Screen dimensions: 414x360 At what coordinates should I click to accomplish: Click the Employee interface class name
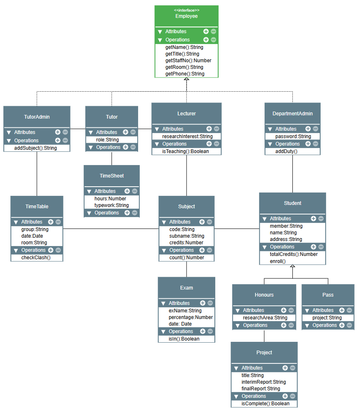coord(187,16)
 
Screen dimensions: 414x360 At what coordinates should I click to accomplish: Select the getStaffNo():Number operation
coord(188,61)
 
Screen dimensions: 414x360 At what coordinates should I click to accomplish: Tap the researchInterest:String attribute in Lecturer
coord(187,136)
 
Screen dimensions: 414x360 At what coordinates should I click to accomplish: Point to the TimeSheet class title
coord(112,176)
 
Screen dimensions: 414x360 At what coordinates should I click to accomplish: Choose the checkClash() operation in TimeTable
coord(36,258)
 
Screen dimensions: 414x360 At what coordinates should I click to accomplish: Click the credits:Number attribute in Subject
coord(186,243)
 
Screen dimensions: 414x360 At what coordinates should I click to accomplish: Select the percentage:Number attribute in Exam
coord(190,317)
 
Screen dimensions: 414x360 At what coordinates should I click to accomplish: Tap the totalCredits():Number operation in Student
coord(294,254)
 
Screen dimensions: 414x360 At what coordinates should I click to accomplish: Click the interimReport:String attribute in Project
coord(263,382)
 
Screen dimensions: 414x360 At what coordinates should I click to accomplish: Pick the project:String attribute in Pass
coord(327,318)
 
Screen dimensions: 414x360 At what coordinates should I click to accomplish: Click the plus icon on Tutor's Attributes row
coord(126,132)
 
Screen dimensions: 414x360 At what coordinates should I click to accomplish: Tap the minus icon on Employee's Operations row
coord(214,40)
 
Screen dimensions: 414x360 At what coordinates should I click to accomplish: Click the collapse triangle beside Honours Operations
coord(238,326)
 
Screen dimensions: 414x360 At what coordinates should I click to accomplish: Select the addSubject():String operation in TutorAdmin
coord(36,148)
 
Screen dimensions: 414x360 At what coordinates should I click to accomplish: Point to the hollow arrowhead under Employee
coord(187,79)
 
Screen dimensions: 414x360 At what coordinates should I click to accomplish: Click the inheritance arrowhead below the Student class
coord(292,266)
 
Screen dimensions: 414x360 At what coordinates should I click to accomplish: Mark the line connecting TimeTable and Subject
coord(111,229)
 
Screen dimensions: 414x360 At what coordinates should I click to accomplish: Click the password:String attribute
coord(293,136)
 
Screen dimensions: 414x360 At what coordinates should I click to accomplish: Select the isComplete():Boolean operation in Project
coord(265,404)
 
